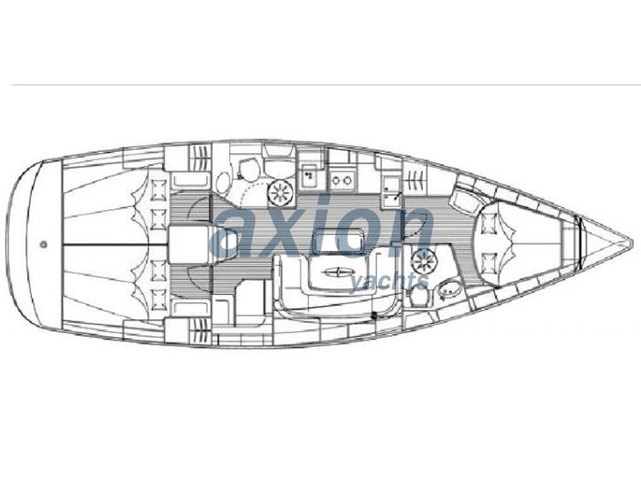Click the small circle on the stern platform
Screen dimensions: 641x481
coord(43,245)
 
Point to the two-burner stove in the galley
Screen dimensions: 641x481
coord(342,180)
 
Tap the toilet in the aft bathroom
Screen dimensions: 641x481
coord(247,170)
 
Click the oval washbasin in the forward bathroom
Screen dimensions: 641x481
coord(449,288)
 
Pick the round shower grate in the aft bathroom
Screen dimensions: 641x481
coord(280,192)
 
